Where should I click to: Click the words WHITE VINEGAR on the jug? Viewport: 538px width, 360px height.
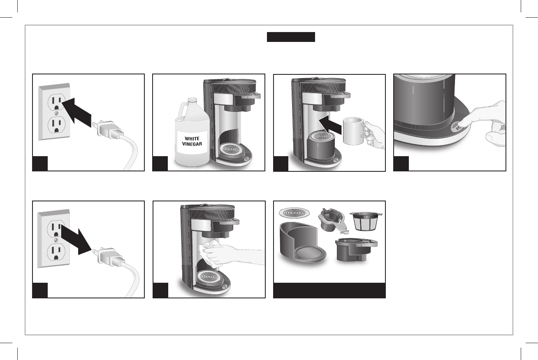(192, 141)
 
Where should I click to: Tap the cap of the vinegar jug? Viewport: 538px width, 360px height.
(192, 101)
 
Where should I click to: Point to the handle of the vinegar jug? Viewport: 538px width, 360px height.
(181, 112)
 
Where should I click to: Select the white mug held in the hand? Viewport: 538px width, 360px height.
(353, 131)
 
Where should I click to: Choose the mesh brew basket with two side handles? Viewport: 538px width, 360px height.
(366, 221)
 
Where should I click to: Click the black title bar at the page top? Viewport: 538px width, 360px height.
(291, 37)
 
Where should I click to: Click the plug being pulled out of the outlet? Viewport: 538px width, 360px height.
(108, 257)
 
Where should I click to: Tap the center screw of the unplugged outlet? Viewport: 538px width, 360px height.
(56, 240)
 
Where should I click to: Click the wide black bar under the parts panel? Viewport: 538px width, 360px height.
(329, 290)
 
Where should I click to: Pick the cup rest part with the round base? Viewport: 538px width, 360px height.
(303, 242)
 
